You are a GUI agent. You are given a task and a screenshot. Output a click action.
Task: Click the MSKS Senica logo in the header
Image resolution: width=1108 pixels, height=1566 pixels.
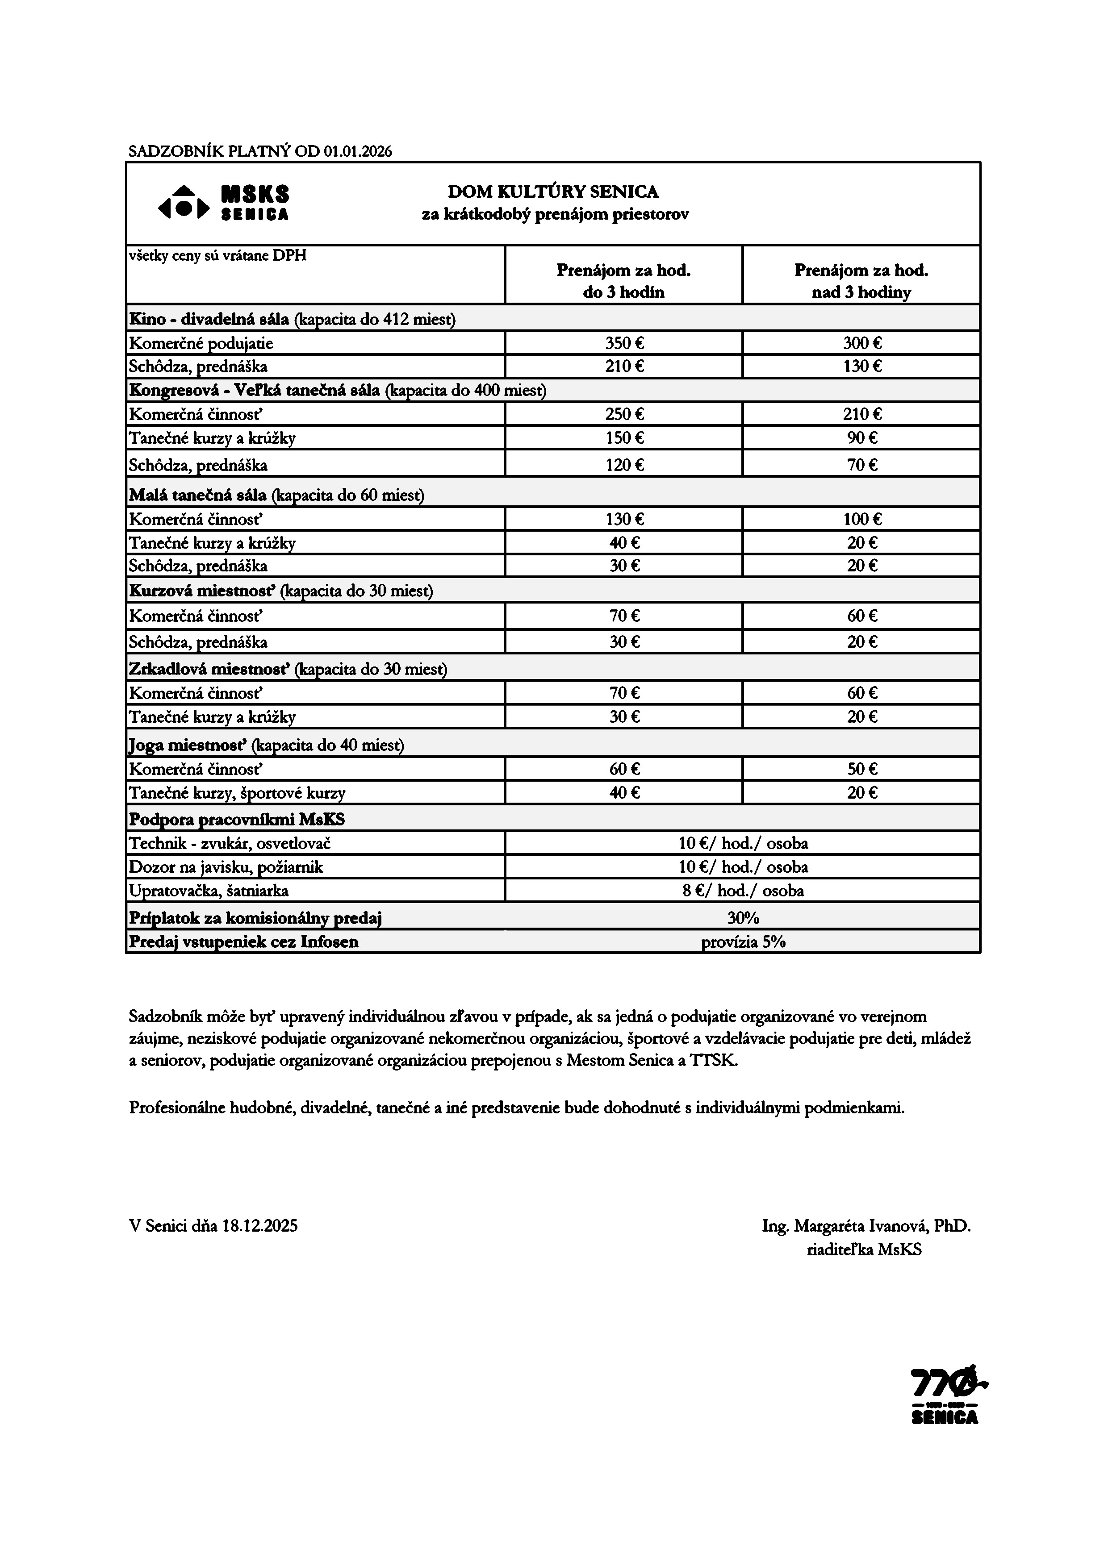pyautogui.click(x=224, y=203)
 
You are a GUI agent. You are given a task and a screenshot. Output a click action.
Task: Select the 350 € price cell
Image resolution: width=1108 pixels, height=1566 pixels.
pyautogui.click(x=623, y=343)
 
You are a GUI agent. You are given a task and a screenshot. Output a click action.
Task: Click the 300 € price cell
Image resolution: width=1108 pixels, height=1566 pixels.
pyautogui.click(x=861, y=343)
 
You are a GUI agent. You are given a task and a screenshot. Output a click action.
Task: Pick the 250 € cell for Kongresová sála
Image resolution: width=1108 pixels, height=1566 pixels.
pyautogui.click(x=623, y=414)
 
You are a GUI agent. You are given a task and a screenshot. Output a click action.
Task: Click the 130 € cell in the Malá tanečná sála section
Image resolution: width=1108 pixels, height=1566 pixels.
pyautogui.click(x=623, y=519)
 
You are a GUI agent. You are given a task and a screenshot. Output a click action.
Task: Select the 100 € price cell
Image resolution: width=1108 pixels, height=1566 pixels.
pyautogui.click(x=861, y=519)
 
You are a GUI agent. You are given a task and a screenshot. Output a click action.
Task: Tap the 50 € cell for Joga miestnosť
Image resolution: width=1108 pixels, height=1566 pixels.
pyautogui.click(x=861, y=769)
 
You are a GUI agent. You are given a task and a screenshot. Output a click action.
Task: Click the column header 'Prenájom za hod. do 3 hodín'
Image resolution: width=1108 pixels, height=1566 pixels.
pyautogui.click(x=623, y=281)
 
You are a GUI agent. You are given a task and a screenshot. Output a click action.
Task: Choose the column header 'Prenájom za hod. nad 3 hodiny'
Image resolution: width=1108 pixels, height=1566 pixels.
pyautogui.click(x=861, y=281)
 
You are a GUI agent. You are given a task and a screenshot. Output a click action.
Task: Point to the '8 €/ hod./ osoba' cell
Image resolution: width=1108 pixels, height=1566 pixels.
pyautogui.click(x=742, y=890)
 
